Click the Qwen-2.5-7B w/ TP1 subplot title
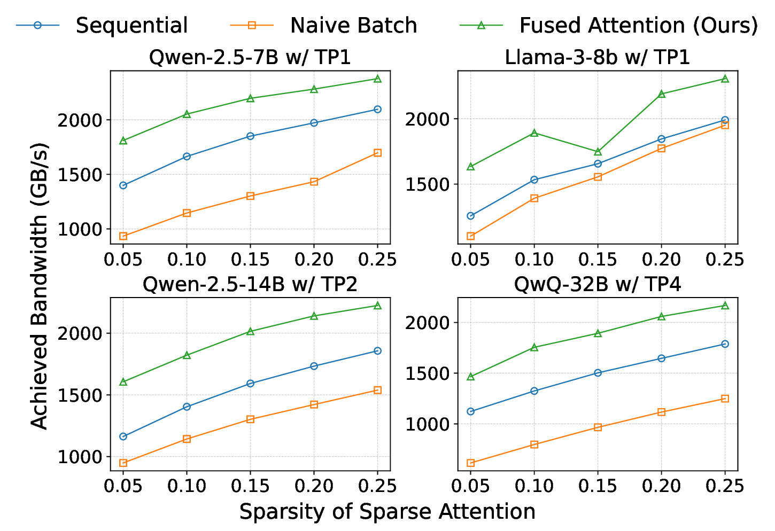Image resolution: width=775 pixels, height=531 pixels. [x=250, y=57]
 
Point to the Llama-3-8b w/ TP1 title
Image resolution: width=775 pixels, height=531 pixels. [x=597, y=57]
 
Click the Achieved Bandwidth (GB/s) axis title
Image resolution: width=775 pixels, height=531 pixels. [x=40, y=285]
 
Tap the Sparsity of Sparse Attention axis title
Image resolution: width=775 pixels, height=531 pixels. [x=387, y=512]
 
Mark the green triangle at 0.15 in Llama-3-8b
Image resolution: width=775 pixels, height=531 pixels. [x=598, y=152]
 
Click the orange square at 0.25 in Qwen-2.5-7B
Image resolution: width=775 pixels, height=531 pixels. [x=377, y=153]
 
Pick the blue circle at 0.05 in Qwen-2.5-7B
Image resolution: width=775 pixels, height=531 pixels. [x=123, y=185]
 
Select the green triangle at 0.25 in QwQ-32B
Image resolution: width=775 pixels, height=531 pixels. [x=725, y=306]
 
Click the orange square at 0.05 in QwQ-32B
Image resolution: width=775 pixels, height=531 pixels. [x=470, y=463]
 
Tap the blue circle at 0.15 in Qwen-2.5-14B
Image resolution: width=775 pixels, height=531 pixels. [x=250, y=384]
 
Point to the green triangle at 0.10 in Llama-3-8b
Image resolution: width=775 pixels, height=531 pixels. [x=534, y=133]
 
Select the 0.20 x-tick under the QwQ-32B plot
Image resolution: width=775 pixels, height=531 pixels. [x=661, y=485]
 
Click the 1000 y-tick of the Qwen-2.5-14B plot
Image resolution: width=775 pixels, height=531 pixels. [x=80, y=457]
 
